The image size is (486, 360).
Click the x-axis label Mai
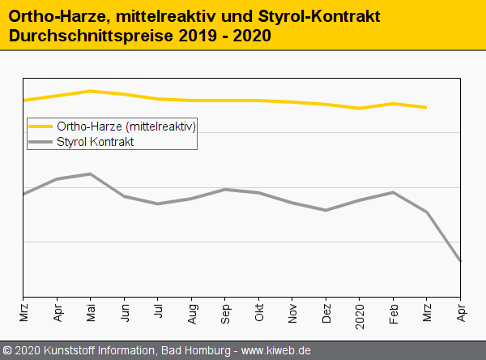pos(91,313)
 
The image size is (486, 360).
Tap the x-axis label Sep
pos(225,313)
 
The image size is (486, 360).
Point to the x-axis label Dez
pos(326,313)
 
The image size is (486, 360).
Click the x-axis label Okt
pos(259,313)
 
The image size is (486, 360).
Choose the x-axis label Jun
pos(125,313)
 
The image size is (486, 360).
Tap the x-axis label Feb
pos(394,313)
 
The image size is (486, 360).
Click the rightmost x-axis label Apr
pos(461,313)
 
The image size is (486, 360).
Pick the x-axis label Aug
pos(192,313)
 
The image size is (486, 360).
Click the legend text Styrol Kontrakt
pos(95,141)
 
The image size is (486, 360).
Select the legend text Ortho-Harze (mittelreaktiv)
pos(126,126)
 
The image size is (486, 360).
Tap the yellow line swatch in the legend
pos(40,126)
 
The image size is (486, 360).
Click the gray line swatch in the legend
pos(40,141)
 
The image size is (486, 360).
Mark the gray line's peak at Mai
pos(91,174)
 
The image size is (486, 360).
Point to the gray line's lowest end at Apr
pos(461,260)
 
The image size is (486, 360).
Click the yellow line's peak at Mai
pos(91,91)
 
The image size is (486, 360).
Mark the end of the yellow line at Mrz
pos(427,107)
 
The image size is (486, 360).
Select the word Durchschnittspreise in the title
pos(90,36)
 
